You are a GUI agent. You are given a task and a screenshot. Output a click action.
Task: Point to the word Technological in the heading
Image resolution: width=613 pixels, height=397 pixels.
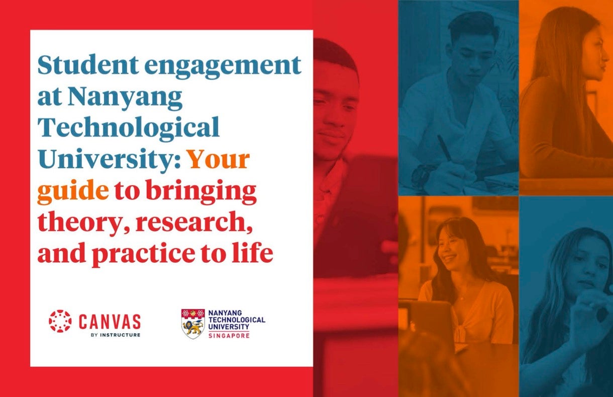(129, 128)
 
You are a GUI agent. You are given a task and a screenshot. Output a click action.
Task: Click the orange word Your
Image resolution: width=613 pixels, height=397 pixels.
(219, 159)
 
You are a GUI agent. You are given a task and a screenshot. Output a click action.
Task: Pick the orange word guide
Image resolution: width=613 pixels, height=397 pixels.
(73, 192)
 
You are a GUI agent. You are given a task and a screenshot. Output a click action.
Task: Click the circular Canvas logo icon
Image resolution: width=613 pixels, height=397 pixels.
(60, 321)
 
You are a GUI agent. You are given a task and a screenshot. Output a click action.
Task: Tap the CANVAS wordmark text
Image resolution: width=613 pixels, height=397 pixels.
(110, 321)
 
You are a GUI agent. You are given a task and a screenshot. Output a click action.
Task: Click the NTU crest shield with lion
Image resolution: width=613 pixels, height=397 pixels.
(193, 324)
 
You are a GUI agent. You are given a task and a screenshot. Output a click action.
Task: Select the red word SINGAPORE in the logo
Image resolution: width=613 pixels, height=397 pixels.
(229, 336)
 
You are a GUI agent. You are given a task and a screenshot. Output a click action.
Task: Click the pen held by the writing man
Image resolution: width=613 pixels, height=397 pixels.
(444, 147)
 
